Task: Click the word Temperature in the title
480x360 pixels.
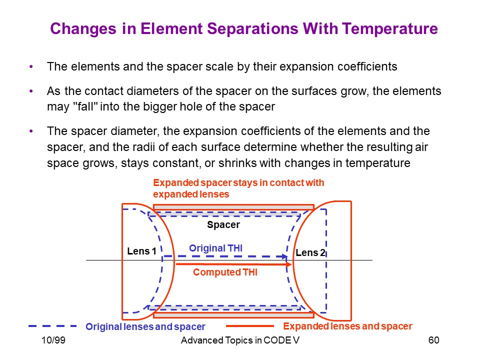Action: click(x=390, y=29)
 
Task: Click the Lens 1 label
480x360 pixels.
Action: click(x=141, y=251)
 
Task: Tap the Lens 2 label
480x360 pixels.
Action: click(x=310, y=252)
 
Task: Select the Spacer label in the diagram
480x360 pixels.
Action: click(x=223, y=224)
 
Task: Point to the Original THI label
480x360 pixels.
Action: click(x=216, y=248)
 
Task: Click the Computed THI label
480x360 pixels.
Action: click(x=225, y=272)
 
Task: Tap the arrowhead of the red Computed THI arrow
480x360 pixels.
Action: click(x=288, y=264)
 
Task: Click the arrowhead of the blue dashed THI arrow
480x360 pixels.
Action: click(x=284, y=256)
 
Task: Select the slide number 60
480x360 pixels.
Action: click(x=434, y=340)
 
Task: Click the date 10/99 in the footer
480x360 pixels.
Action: click(x=53, y=340)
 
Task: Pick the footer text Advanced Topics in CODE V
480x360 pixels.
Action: click(x=240, y=340)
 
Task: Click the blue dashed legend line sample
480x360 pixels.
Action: click(x=52, y=326)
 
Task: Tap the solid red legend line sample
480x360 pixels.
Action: click(x=250, y=326)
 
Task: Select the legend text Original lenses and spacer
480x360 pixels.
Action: click(x=145, y=326)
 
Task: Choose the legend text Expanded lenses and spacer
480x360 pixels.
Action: click(x=348, y=326)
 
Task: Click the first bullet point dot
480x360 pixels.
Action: click(x=31, y=66)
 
